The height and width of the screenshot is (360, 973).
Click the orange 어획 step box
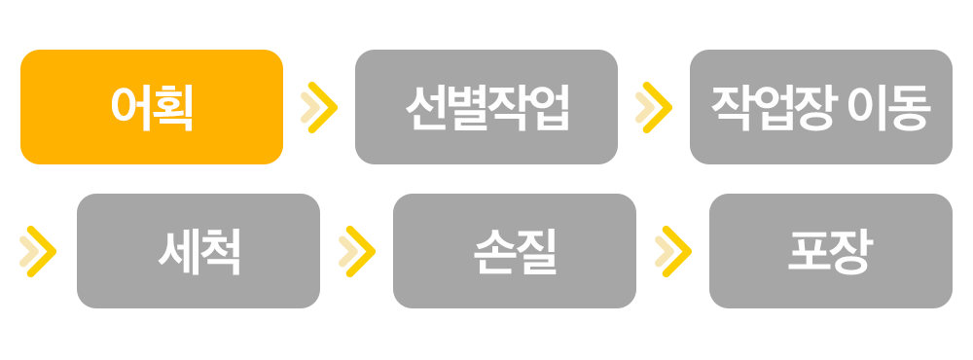(152, 107)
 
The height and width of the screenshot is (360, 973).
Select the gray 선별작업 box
(486, 107)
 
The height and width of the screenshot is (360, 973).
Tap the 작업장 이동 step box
(821, 107)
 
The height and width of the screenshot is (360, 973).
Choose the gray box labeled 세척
(198, 251)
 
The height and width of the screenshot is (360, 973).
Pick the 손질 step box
(515, 251)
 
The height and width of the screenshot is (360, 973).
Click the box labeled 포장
(831, 251)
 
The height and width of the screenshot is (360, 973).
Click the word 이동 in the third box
(890, 107)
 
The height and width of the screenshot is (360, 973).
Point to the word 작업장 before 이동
(775, 107)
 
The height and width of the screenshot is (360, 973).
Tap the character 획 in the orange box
(173, 107)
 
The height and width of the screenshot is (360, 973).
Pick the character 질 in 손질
(536, 251)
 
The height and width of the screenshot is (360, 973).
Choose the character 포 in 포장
(810, 251)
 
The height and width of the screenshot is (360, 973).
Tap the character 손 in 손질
(494, 251)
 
